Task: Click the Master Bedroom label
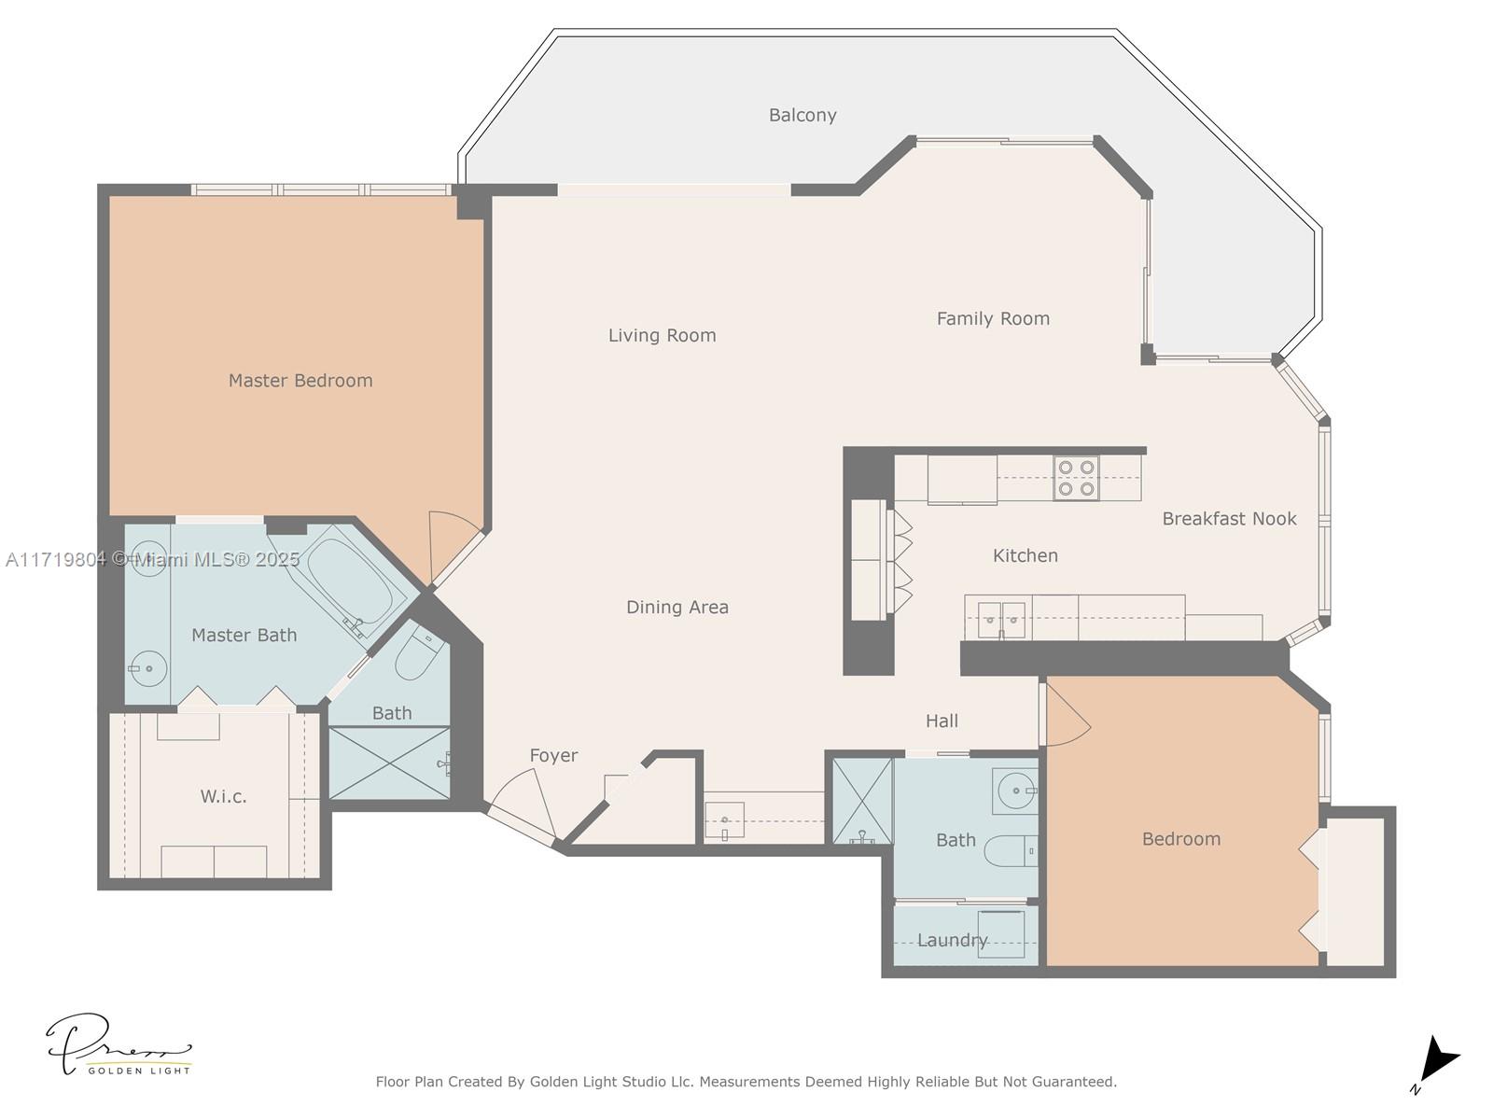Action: point(300,381)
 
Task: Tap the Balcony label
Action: point(802,116)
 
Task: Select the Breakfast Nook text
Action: point(1229,519)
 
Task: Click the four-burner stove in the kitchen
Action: point(1076,478)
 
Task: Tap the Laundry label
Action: point(952,940)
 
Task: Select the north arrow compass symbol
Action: point(1436,1062)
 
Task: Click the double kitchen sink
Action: point(1001,619)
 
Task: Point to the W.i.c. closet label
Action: point(223,797)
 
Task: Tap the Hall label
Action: point(942,721)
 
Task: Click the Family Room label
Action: point(993,319)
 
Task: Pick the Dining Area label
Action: point(677,608)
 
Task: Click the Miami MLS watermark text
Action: point(152,560)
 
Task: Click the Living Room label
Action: point(662,336)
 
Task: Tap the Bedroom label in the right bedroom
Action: point(1180,839)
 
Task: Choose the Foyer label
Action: point(553,756)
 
